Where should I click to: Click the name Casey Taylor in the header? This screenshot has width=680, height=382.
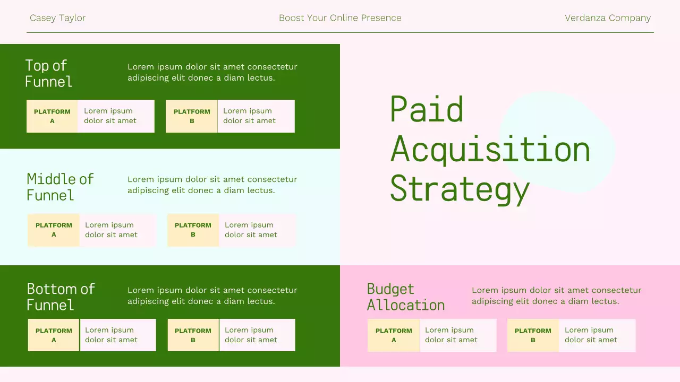[x=57, y=18]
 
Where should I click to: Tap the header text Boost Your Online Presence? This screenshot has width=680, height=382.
[x=340, y=18]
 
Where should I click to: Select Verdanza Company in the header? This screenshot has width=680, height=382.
[x=607, y=18]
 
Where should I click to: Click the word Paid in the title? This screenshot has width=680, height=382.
[x=427, y=110]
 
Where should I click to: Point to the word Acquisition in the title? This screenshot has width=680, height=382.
[x=490, y=150]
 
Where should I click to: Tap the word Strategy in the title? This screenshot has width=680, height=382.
[x=460, y=189]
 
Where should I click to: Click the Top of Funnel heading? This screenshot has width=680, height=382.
[x=48, y=73]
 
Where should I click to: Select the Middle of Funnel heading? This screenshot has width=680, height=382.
[x=60, y=187]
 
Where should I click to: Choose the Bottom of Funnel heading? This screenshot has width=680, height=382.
[x=61, y=297]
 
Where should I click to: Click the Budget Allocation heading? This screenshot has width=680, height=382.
[x=405, y=297]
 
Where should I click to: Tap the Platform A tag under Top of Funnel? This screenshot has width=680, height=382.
[x=52, y=116]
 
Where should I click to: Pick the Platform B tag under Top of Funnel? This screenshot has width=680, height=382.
[x=192, y=116]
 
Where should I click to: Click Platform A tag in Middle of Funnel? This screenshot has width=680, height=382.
[x=54, y=230]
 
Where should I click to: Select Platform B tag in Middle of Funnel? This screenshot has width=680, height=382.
[x=193, y=230]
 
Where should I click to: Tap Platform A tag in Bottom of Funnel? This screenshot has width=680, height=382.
[x=54, y=335]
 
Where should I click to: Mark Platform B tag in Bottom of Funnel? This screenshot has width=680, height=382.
[x=193, y=335]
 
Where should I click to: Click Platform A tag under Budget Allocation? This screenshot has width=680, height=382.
[x=394, y=335]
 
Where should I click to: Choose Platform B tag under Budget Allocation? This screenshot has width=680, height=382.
[x=533, y=335]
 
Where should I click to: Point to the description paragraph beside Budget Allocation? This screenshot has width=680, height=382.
[x=556, y=296]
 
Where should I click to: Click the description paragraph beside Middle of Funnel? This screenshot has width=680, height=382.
[x=212, y=185]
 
